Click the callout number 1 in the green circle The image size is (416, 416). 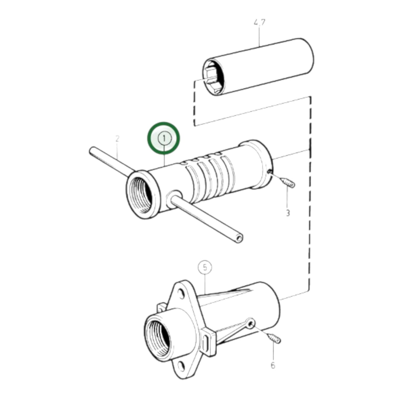pyautogui.click(x=164, y=138)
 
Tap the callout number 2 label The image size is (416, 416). pyautogui.click(x=117, y=139)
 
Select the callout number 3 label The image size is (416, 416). pyautogui.click(x=288, y=213)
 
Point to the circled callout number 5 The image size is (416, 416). pyautogui.click(x=205, y=267)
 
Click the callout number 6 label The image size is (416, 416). pyautogui.click(x=273, y=365)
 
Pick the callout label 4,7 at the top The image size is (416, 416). pyautogui.click(x=259, y=23)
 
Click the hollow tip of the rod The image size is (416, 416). pyautogui.click(x=238, y=238)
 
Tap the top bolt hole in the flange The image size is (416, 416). pyautogui.click(x=181, y=294)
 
